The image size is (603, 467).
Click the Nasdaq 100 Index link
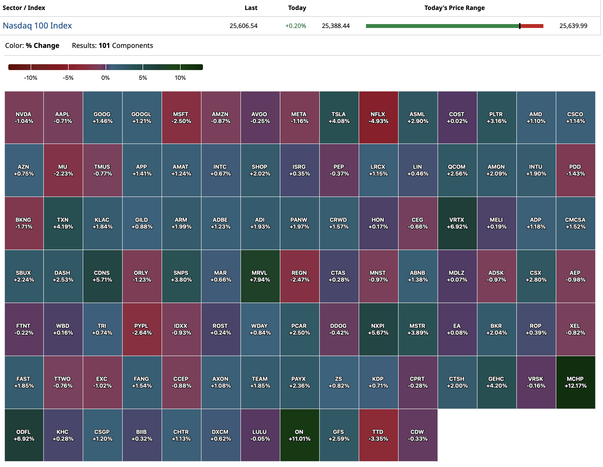[37, 26]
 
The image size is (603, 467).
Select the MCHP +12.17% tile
[576, 382]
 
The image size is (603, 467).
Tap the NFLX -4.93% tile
[378, 117]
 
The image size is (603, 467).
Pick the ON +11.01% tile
[300, 435]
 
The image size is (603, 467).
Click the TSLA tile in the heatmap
[339, 117]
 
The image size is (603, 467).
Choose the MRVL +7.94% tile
[260, 276]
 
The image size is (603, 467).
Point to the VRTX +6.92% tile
[457, 223]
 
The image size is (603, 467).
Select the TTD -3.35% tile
[378, 435]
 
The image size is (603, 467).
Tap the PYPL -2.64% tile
[142, 329]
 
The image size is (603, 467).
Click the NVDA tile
[24, 117]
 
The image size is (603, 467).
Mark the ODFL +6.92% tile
[24, 435]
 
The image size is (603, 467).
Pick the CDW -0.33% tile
[418, 435]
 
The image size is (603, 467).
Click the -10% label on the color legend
[31, 78]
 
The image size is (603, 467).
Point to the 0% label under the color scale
[105, 78]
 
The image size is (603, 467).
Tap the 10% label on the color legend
[180, 78]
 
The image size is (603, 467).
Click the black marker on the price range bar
[520, 26]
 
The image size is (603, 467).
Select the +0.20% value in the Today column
[295, 26]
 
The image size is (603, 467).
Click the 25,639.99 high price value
[573, 26]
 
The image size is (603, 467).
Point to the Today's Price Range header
[455, 8]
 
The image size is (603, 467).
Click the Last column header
[251, 8]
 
